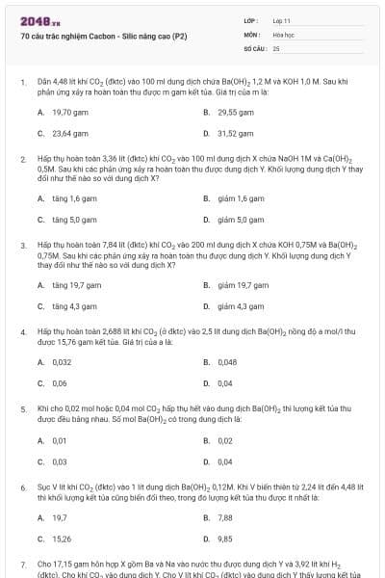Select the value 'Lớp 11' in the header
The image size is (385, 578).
(282, 20)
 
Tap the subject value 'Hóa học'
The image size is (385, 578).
(283, 34)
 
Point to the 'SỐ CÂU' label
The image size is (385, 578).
(254, 47)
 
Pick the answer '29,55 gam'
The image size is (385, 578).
(236, 112)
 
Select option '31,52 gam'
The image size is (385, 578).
(236, 133)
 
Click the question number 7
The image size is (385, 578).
(23, 563)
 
